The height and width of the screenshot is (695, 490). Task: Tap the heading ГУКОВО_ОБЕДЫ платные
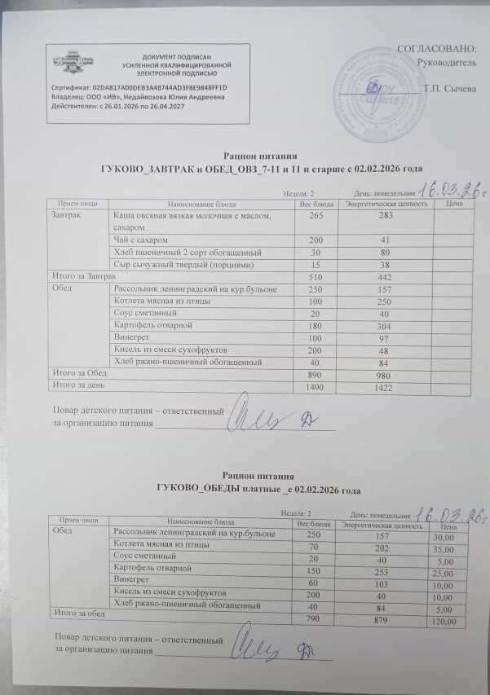pyautogui.click(x=245, y=490)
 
